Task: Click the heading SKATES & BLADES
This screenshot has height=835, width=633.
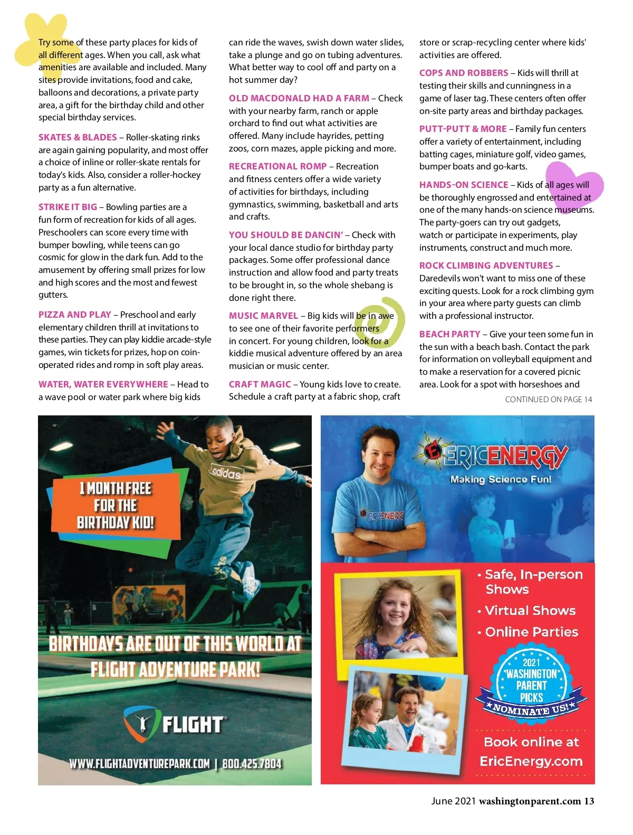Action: tap(78, 137)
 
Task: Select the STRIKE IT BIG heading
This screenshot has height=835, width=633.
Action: tap(68, 207)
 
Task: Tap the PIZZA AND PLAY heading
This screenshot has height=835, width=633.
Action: tap(74, 315)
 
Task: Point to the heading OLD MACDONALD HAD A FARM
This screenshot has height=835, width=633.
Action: tap(299, 98)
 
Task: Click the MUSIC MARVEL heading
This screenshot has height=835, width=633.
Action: tap(263, 316)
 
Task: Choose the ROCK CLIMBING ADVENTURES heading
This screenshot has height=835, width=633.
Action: tap(486, 265)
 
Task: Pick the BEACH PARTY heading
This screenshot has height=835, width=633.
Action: tap(449, 334)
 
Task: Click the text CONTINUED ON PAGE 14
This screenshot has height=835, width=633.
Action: tap(548, 400)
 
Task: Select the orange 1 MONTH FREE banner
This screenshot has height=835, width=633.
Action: tap(116, 506)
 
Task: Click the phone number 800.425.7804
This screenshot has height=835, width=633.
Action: tap(252, 764)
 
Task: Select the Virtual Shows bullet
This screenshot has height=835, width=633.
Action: tap(530, 611)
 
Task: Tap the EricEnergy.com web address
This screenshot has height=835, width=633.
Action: tap(531, 761)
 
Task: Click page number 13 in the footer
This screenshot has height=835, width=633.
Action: tap(589, 801)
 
